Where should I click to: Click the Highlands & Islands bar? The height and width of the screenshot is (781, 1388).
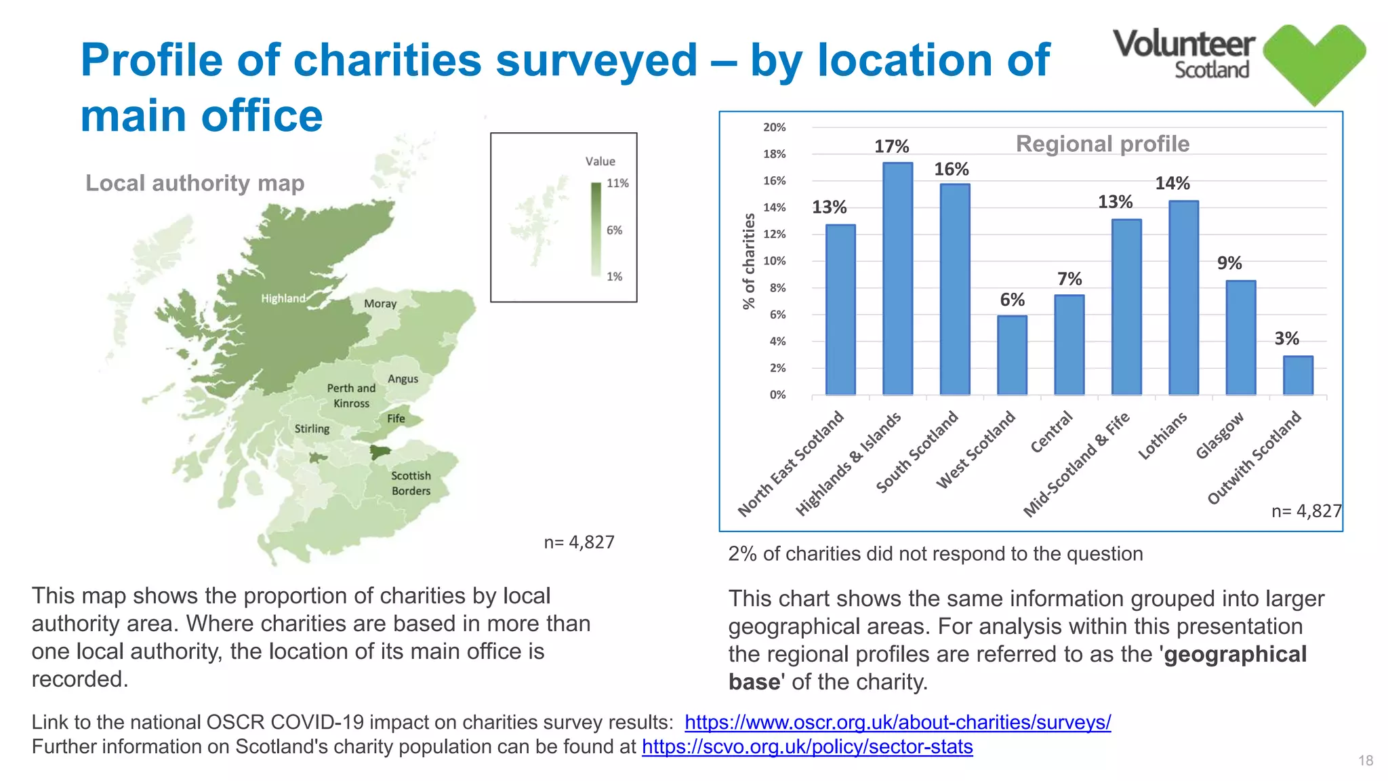click(897, 279)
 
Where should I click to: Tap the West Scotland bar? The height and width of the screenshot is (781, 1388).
click(1012, 355)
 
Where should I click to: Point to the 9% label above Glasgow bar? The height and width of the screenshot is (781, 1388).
click(1229, 263)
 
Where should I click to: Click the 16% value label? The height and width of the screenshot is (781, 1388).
click(951, 169)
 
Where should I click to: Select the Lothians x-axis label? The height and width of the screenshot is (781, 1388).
click(1162, 436)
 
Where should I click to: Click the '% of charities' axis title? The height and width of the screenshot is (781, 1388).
click(749, 261)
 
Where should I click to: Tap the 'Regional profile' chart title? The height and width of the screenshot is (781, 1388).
click(1102, 144)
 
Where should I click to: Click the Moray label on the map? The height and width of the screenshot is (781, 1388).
click(380, 304)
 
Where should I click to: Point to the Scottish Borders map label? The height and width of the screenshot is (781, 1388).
click(411, 483)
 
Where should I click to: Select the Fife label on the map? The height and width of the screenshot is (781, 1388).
click(396, 418)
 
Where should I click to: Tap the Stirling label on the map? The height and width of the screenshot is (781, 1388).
click(312, 428)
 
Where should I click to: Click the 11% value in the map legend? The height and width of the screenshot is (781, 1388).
click(617, 183)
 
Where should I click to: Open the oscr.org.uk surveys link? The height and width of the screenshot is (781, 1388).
click(897, 722)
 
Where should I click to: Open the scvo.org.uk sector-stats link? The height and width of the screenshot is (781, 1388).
click(807, 746)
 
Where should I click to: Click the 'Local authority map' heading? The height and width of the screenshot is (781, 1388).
click(195, 183)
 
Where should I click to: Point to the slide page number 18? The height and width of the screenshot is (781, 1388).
click(1365, 761)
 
